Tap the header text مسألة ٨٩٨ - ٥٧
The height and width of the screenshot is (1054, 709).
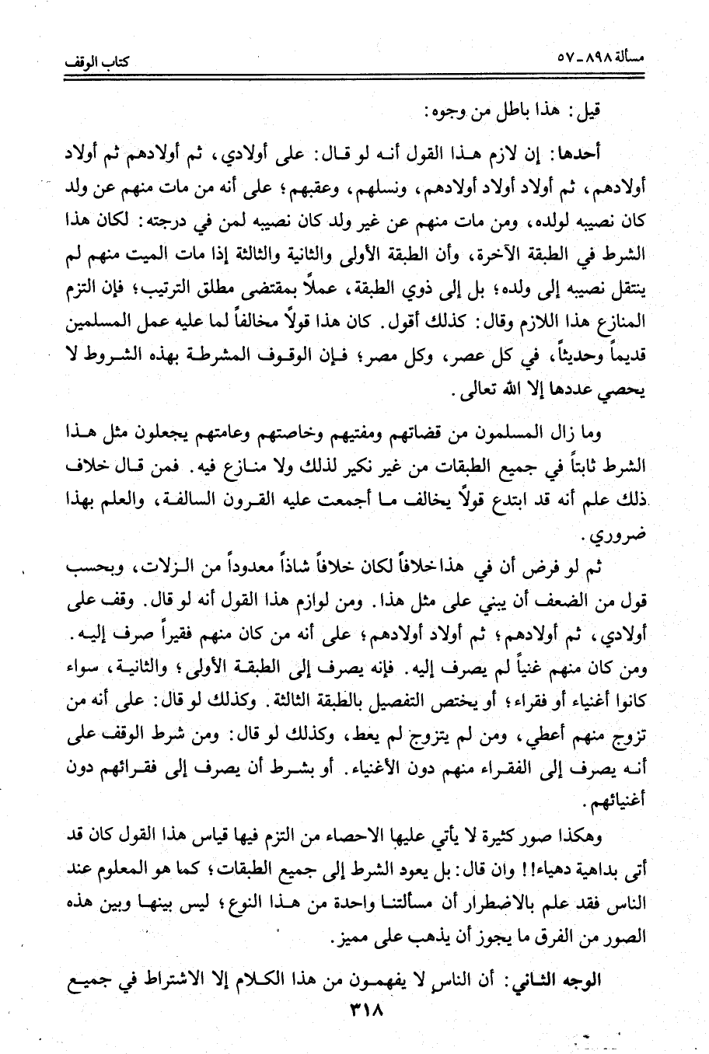608,57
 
